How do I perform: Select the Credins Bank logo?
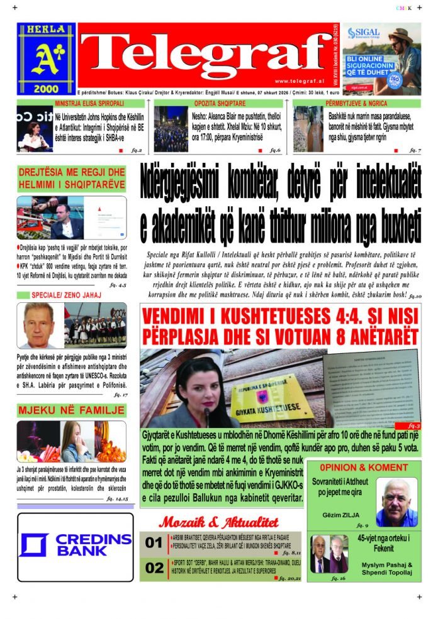[x=76, y=545]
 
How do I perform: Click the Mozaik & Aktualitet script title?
[x=218, y=522]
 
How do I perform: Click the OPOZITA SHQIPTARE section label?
[x=220, y=103]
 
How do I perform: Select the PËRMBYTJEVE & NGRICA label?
[x=357, y=103]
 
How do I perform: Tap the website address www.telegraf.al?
[x=299, y=81]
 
